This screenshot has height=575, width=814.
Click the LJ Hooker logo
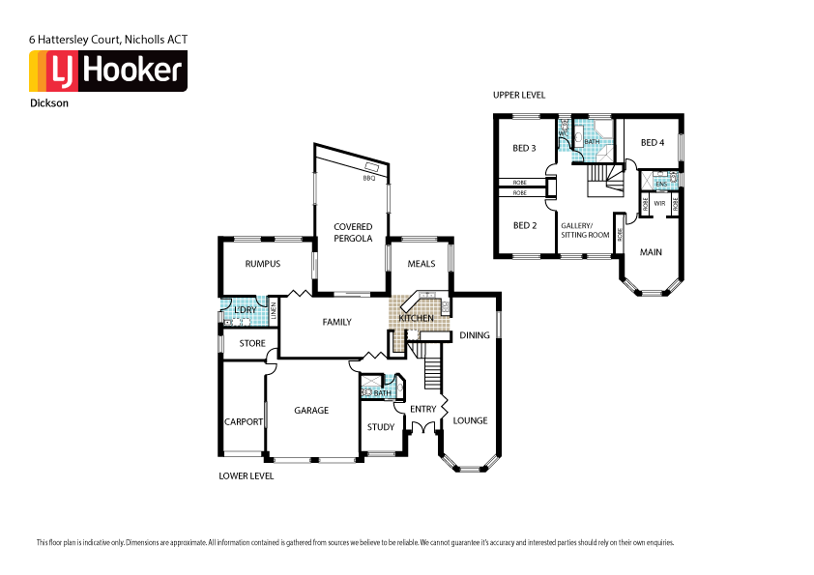point(108,72)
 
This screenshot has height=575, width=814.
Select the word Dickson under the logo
point(49,101)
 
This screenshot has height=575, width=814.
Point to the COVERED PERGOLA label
point(353,232)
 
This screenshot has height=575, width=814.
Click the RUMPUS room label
point(262,264)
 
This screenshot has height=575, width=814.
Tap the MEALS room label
point(421,264)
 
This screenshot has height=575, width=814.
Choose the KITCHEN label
point(416,318)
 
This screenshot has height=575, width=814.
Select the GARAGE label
point(311,411)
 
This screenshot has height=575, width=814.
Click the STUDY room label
point(381,427)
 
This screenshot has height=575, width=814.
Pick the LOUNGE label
point(470,420)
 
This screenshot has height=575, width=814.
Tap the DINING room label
point(475,335)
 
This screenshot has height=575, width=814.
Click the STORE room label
point(252,343)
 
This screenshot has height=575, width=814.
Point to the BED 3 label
point(524,148)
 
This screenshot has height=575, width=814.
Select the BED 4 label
point(653,143)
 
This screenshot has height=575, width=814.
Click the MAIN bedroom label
point(652,252)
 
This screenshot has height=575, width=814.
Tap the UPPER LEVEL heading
point(519,96)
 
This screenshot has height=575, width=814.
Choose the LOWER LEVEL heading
point(247,476)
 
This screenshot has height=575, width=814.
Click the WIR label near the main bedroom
point(658,204)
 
